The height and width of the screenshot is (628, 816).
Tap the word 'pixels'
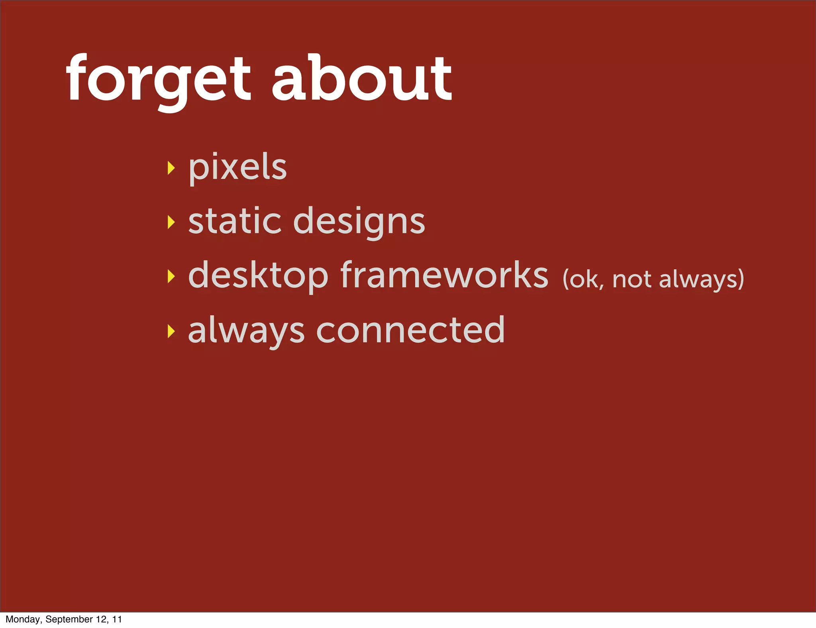click(x=237, y=167)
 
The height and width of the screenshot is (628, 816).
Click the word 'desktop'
click(x=258, y=276)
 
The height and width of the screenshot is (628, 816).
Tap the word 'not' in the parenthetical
click(x=632, y=280)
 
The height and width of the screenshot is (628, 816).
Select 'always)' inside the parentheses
click(x=701, y=280)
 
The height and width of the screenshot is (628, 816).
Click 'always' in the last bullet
click(x=246, y=331)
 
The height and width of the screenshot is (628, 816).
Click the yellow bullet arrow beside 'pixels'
click(x=171, y=168)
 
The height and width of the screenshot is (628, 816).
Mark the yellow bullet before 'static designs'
click(x=171, y=222)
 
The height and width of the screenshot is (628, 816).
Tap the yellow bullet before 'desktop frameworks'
click(x=171, y=276)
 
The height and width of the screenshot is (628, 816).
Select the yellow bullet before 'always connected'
click(x=171, y=330)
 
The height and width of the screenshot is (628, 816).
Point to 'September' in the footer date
click(x=69, y=619)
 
